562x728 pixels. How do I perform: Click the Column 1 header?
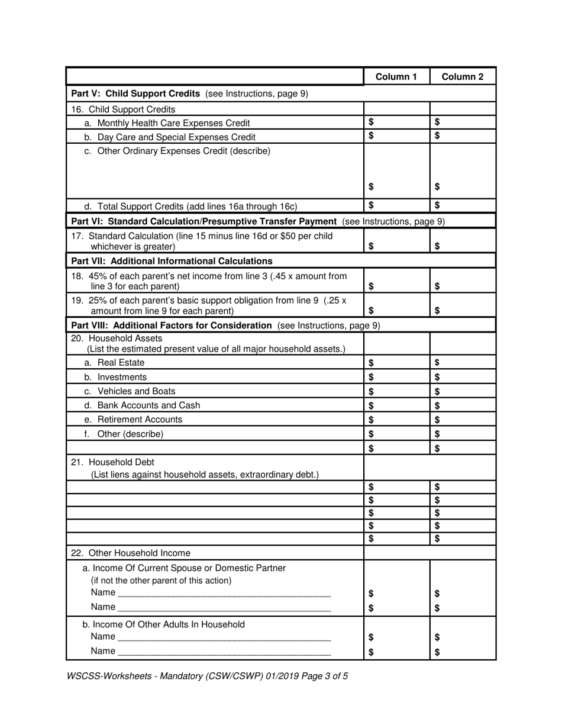(x=396, y=77)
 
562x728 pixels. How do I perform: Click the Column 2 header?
(x=462, y=77)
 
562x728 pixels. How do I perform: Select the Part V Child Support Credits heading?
(x=189, y=94)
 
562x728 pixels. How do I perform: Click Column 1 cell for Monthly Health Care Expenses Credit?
(x=396, y=123)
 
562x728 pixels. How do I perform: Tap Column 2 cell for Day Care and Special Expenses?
(x=462, y=136)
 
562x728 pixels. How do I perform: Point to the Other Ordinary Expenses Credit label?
(x=177, y=151)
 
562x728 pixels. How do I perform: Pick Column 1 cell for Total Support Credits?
(x=396, y=206)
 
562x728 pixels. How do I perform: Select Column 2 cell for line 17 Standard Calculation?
(x=462, y=241)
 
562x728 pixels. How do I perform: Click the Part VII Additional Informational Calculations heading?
(x=172, y=261)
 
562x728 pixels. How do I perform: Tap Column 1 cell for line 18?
(x=396, y=281)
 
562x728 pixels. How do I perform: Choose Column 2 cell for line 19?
(x=462, y=305)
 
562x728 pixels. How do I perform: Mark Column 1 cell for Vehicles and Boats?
(x=396, y=391)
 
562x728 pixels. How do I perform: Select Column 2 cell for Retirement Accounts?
(x=462, y=420)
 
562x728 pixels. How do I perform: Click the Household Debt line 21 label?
(x=112, y=462)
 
